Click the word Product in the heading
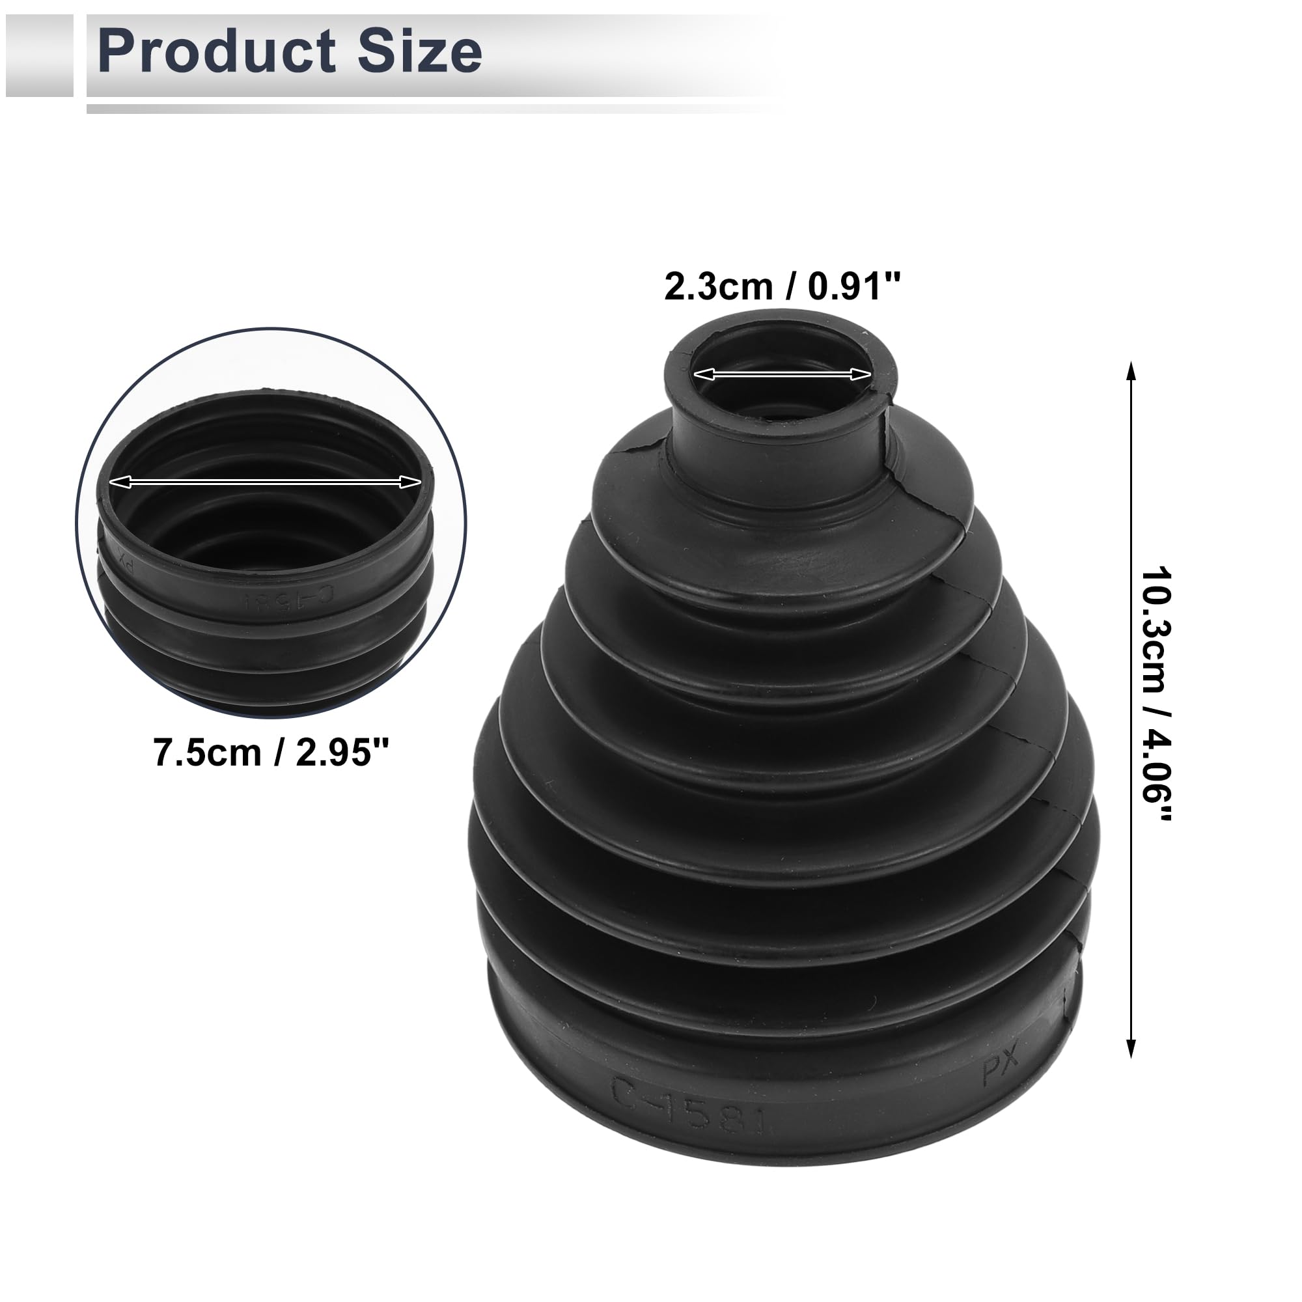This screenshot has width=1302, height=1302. [x=216, y=51]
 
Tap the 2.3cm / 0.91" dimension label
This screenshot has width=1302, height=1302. [x=782, y=287]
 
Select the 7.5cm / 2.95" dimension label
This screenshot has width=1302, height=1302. [x=271, y=752]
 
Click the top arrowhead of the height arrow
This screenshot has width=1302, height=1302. [x=1131, y=370]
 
